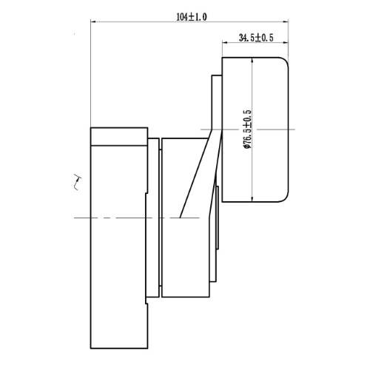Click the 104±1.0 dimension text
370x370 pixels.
point(192,17)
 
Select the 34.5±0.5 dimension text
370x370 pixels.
point(256,38)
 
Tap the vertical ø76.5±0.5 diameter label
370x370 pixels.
point(247,129)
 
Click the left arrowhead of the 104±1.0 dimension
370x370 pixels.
point(94,21)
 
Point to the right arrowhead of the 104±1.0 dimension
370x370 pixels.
point(286,21)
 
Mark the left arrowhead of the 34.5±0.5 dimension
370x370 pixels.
point(225,43)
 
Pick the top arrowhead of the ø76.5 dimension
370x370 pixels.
point(252,61)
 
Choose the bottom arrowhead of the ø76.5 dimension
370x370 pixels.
point(252,199)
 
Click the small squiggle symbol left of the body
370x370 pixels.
point(78,182)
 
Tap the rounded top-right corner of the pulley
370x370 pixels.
point(286,60)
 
